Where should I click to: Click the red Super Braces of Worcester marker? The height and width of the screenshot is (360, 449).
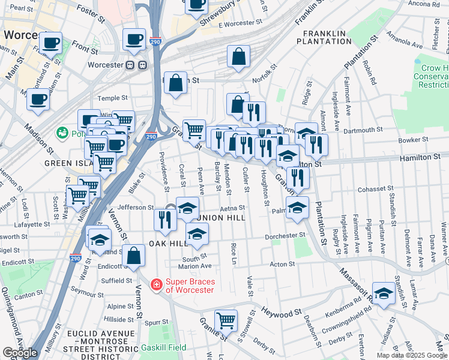click(156, 284)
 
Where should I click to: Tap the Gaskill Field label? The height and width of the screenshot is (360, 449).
click(163, 347)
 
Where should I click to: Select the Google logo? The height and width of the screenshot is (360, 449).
click(20, 353)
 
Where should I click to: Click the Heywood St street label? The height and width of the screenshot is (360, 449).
click(281, 313)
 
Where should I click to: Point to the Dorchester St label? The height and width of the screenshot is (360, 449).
click(286, 236)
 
